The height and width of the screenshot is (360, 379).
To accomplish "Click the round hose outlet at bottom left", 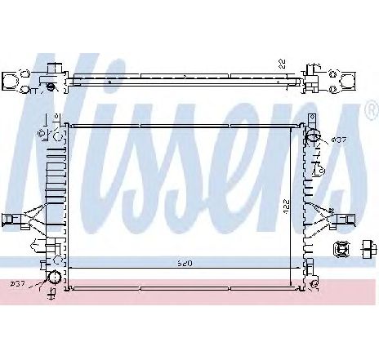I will point(54,278).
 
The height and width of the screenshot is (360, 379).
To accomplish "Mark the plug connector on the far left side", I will point(11,218).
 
